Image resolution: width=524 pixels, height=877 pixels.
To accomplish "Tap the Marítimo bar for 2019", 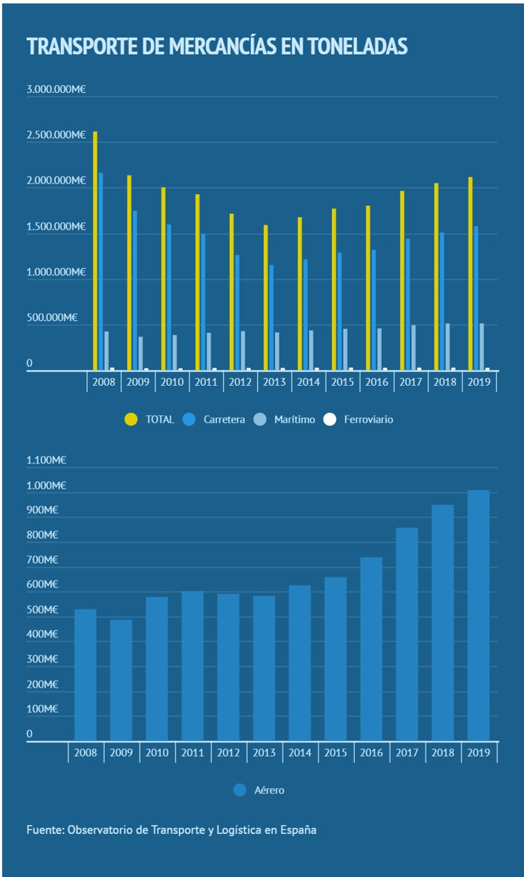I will tap(482, 347).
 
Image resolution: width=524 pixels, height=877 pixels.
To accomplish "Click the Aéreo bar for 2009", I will tap(121, 680).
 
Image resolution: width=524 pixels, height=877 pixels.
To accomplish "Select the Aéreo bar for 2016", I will tap(371, 649).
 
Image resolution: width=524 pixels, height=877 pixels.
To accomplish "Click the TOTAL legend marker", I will tap(131, 419).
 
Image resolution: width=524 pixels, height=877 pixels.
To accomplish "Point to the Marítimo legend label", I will tap(294, 419).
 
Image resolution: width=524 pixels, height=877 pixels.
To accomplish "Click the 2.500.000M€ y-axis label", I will tap(56, 135).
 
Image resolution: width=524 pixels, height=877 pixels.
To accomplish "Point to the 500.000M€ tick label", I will tap(52, 318).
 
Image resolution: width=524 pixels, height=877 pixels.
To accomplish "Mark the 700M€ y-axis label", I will tap(42, 560).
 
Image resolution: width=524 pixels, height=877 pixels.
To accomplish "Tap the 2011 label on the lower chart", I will tap(193, 753).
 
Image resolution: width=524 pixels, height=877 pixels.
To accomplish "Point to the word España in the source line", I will tap(299, 829).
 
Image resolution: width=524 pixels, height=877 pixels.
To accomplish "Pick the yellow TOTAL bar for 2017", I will tap(402, 280).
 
